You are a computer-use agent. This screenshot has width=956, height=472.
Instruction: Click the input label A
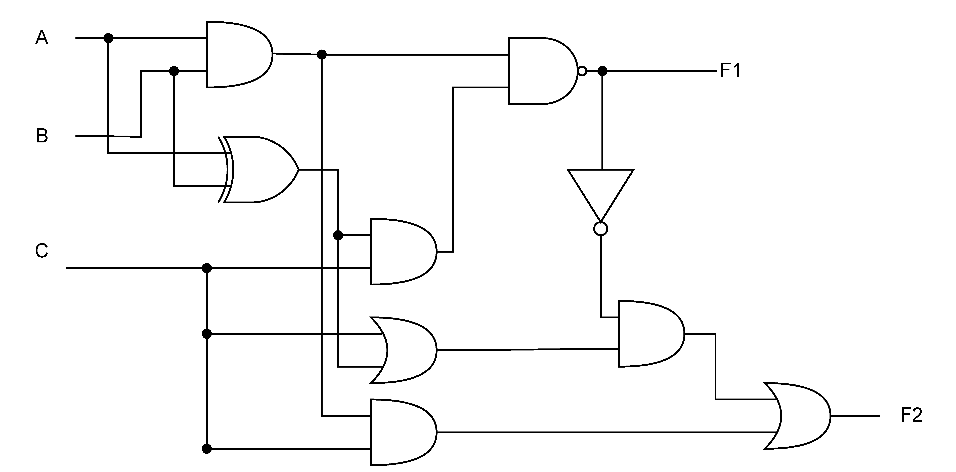[41, 38]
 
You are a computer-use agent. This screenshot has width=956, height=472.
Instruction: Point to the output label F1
[730, 71]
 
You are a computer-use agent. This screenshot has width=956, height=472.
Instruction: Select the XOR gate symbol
[260, 169]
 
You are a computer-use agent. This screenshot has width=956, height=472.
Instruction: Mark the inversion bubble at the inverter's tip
[600, 228]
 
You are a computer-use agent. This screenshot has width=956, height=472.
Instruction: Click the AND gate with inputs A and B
[238, 54]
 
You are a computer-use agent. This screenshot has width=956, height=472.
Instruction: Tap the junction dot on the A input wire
[108, 38]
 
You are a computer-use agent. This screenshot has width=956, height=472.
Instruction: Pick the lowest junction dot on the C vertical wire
[207, 449]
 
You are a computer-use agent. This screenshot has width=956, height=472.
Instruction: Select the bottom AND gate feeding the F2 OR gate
[403, 432]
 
